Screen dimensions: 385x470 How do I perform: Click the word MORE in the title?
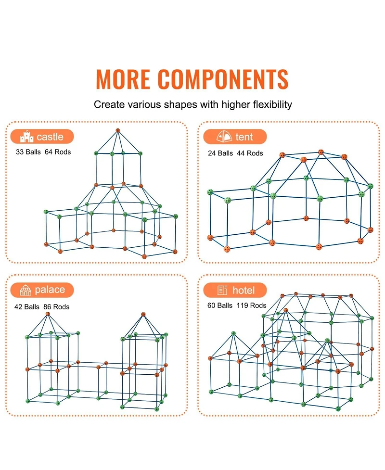[123, 79]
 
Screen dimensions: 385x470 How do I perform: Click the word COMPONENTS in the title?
[223, 79]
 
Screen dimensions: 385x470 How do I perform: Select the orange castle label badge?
[42, 137]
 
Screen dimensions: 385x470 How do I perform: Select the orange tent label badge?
[235, 137]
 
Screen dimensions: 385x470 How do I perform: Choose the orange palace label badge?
[42, 290]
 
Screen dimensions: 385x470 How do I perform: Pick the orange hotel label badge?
[235, 290]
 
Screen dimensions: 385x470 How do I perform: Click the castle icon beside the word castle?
[26, 137]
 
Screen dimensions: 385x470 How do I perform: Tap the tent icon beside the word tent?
[224, 137]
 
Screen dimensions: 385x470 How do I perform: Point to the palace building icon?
[26, 290]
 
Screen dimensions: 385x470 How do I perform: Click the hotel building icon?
[222, 290]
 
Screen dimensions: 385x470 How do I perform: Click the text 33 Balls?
[28, 152]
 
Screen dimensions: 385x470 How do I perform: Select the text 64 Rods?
[58, 152]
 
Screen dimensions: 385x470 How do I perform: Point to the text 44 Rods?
[250, 153]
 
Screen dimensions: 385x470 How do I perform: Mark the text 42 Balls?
[26, 307]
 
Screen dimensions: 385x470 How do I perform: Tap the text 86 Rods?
[56, 307]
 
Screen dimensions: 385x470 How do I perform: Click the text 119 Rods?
[251, 305]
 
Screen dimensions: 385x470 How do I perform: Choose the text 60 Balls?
[220, 305]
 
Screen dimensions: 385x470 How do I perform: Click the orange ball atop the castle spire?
[118, 130]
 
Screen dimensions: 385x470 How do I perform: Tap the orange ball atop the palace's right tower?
[143, 315]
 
